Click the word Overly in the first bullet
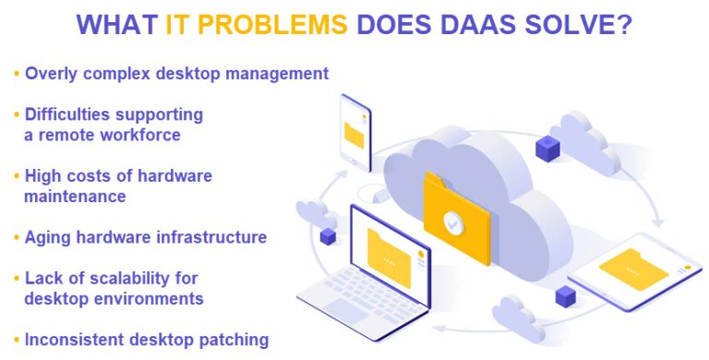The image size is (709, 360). [x=52, y=72]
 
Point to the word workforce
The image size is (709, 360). [x=142, y=135]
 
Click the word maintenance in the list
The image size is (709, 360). [x=75, y=196]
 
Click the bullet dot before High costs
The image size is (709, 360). [x=16, y=175]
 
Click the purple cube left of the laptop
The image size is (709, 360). [x=328, y=236]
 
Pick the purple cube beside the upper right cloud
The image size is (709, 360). [x=548, y=146]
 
